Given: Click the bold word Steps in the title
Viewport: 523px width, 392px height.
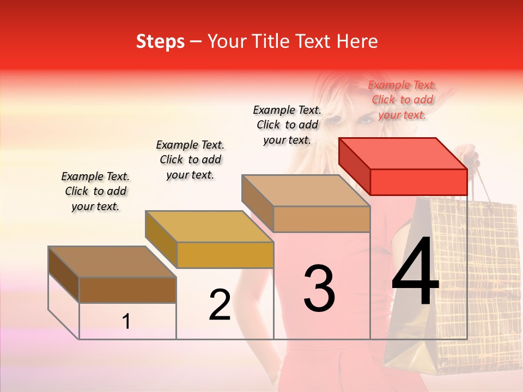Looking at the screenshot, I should coord(160,41).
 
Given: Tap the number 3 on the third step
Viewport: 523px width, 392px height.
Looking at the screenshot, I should coord(319,289).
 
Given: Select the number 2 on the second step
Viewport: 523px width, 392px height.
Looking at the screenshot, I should coord(220,305).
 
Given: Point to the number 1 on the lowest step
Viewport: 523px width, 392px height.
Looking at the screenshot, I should coord(126,322).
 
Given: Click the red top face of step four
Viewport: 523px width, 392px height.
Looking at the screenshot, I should coord(403,153).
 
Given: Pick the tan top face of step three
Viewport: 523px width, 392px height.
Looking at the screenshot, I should coord(306,191).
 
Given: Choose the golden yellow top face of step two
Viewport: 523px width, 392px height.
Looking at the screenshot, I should coord(209,226).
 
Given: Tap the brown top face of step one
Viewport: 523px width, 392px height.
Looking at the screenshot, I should coord(112,262).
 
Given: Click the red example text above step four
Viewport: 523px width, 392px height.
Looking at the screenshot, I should coord(402,100).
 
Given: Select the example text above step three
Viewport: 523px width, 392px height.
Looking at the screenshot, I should coord(287,125).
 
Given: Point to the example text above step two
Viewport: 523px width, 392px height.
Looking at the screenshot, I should coord(190,160).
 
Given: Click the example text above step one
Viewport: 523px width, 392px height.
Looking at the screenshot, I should coord(95,191).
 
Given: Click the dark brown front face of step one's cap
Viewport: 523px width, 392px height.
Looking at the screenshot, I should coord(127,290).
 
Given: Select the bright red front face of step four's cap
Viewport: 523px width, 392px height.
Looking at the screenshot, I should coord(418,182).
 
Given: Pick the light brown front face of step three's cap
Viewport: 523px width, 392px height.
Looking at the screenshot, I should coord(321,219).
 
